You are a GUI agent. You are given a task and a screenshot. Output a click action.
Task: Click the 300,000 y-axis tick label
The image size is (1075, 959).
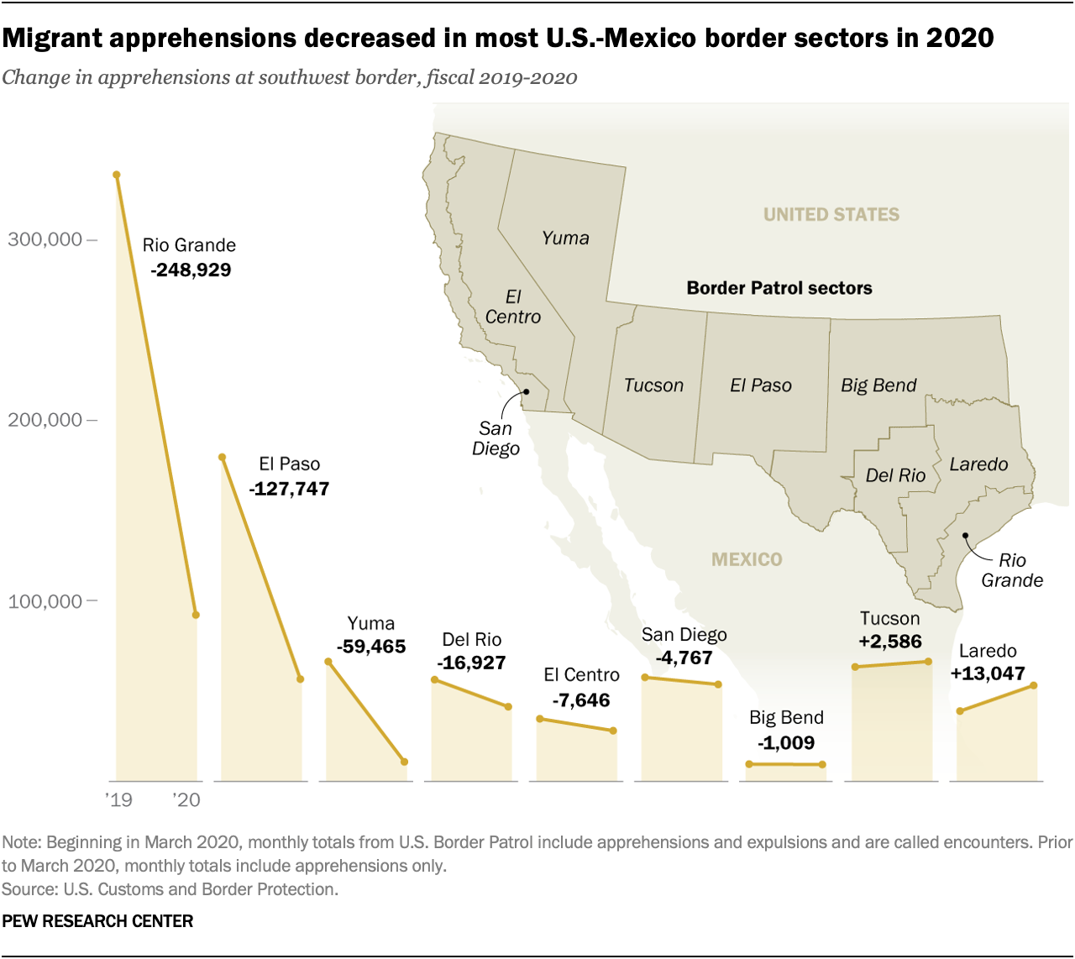pos(45,239)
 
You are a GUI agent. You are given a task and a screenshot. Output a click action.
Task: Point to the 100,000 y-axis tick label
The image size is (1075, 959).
pos(45,601)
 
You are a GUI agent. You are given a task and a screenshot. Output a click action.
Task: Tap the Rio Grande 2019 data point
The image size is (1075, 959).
pos(117,175)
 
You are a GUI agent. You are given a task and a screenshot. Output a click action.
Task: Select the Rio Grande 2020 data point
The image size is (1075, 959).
pos(196,615)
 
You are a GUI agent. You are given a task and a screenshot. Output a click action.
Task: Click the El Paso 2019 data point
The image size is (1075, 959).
pos(222,457)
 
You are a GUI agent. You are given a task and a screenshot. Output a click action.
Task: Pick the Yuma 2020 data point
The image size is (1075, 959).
pos(405,762)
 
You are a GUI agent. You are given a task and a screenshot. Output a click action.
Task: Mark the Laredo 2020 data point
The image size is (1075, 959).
pos(1034,686)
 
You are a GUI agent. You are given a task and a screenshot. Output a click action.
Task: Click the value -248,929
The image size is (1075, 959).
pos(191,270)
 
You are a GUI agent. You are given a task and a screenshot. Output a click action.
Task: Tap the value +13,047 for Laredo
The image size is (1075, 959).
pos(988,673)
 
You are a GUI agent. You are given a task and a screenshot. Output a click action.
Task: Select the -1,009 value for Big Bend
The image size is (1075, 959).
pos(786,743)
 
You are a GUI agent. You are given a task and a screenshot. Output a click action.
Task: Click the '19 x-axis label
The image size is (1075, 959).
pos(118,800)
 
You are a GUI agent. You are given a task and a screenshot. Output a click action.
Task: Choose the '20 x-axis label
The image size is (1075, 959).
pos(186,800)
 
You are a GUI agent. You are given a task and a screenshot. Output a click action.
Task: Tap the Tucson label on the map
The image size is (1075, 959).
pos(653,385)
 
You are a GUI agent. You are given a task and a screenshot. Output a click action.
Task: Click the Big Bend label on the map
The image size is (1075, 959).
pos(878,385)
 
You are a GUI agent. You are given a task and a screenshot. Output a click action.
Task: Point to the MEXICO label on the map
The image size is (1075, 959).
pos(747,559)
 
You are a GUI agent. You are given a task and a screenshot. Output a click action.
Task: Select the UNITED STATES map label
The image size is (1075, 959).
pos(831,215)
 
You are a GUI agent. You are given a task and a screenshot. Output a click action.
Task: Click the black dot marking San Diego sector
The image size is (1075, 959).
pos(527,391)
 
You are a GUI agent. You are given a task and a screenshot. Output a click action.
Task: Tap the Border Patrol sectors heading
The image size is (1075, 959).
pos(779,288)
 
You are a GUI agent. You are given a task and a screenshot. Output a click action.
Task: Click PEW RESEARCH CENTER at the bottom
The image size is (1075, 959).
pos(97,921)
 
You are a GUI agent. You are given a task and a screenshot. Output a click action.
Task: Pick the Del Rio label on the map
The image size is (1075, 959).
pos(895,475)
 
